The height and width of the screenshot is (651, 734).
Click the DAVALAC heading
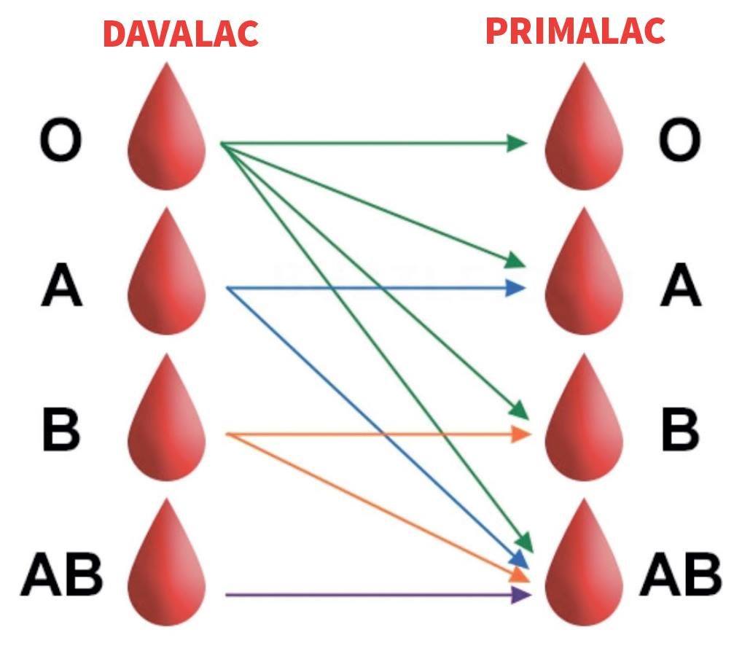coord(181,34)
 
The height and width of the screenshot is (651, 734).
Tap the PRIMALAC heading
coord(575,31)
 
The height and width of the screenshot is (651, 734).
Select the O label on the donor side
coord(60,139)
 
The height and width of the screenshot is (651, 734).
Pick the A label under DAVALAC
coord(62,284)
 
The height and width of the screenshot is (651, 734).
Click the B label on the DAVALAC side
coord(61,429)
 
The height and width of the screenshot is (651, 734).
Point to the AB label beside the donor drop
coord(61,574)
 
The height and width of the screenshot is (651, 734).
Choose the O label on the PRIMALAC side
coord(680,139)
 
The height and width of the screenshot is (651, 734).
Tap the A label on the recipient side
coord(681,284)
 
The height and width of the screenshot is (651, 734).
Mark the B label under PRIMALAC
coord(680,429)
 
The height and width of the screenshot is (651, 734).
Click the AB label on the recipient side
coord(680,574)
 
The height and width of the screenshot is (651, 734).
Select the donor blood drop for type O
coord(167,126)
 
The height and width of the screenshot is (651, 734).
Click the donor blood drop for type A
coord(167,272)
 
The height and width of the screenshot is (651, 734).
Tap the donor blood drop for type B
coord(167,417)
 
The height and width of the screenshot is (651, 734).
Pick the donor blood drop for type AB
coord(167,562)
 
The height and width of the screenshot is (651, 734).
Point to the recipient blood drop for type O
coord(584,126)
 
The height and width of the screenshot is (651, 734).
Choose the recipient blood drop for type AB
coord(584,562)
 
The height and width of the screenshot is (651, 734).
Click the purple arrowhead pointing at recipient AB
coord(521,595)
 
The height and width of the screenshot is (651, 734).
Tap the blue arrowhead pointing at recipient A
coord(516,287)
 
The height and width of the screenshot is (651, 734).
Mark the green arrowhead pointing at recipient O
coord(518,143)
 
